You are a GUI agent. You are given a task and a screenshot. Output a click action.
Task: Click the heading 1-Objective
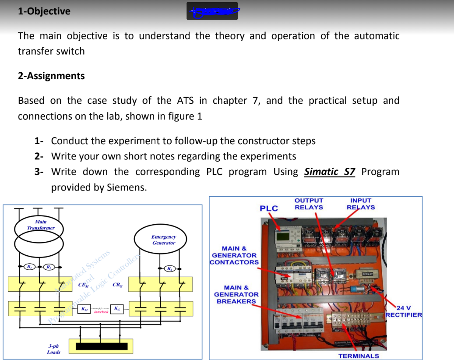pyautogui.click(x=44, y=11)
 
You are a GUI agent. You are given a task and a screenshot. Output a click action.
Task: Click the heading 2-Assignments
pyautogui.click(x=51, y=76)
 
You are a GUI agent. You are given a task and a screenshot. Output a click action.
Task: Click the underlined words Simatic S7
pyautogui.click(x=330, y=172)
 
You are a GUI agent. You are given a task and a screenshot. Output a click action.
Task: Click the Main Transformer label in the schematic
pyautogui.click(x=40, y=225)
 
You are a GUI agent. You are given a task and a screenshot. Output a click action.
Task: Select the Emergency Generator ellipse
pyautogui.click(x=163, y=240)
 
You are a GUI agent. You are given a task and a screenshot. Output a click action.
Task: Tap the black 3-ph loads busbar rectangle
pyautogui.click(x=103, y=346)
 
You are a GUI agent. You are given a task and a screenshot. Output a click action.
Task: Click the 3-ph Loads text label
pyautogui.click(x=53, y=349)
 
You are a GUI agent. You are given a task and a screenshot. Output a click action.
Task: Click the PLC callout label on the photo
pyautogui.click(x=269, y=208)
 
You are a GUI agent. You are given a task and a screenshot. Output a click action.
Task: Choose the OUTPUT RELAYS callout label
pyautogui.click(x=309, y=204)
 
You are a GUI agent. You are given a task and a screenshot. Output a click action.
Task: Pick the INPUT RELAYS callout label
pyautogui.click(x=361, y=204)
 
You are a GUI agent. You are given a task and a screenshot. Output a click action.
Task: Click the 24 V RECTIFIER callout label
pyautogui.click(x=404, y=311)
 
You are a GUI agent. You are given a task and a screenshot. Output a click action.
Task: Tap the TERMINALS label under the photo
pyautogui.click(x=359, y=356)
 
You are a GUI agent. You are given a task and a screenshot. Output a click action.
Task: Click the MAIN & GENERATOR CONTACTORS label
pyautogui.click(x=235, y=255)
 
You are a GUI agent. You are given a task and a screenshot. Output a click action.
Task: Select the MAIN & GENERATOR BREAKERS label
pyautogui.click(x=236, y=294)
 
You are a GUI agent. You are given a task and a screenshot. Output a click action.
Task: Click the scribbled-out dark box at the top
pyautogui.click(x=212, y=11)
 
